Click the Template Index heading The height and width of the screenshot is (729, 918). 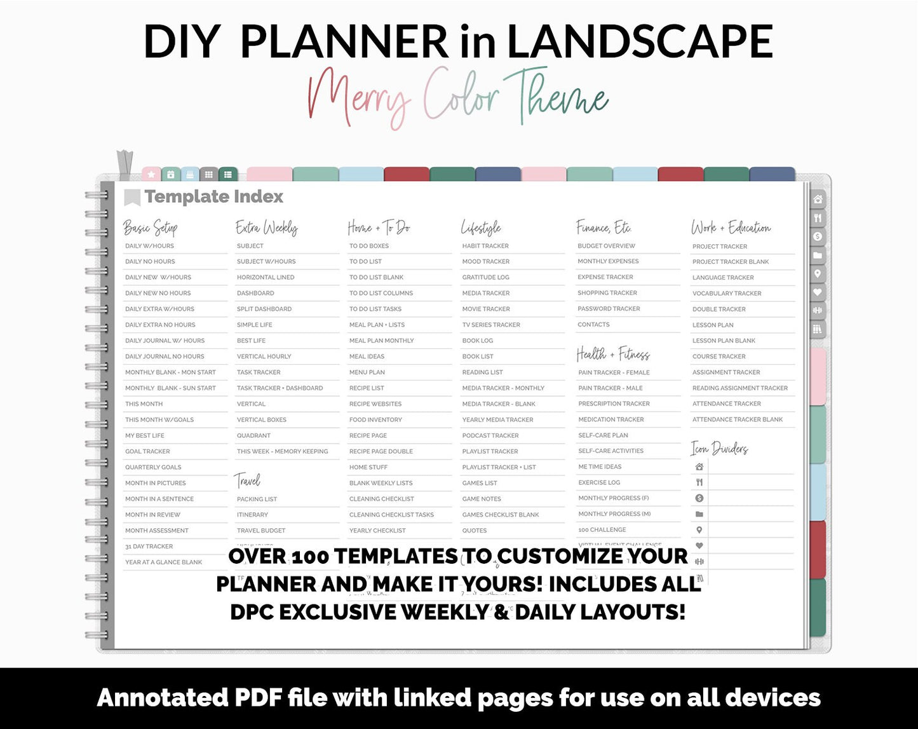213,197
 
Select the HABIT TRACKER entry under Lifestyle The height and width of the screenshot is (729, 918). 485,246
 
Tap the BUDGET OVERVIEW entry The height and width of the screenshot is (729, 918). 606,246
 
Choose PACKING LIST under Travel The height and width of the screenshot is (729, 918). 257,499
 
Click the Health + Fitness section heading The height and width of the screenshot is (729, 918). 613,354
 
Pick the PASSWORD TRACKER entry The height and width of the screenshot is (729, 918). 609,309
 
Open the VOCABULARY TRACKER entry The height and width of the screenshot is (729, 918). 727,294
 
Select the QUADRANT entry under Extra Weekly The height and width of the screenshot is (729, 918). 253,435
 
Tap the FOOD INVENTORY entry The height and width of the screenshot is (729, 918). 375,419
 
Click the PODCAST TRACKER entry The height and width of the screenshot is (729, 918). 490,435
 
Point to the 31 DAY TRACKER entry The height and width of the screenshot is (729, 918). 149,547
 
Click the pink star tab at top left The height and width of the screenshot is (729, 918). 151,174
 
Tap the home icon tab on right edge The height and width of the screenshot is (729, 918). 818,200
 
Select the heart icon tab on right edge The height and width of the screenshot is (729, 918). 818,292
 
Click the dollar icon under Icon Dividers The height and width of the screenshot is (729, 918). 699,498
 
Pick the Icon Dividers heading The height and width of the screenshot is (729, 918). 719,449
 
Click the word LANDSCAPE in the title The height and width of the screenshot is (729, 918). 640,42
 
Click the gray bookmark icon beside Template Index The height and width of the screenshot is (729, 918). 132,197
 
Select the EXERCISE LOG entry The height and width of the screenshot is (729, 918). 599,482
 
